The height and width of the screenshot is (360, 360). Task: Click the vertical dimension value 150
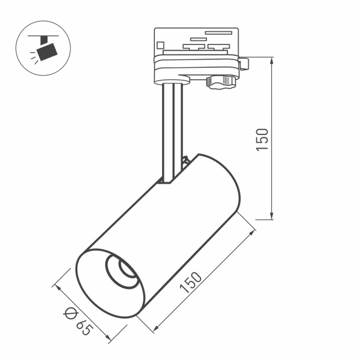(x=262, y=139)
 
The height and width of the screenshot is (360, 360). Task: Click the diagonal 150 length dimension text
(x=191, y=280)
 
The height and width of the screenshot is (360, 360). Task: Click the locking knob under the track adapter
(x=220, y=81)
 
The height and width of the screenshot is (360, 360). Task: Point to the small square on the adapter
(x=161, y=44)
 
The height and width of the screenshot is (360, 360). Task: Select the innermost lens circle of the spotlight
(x=127, y=271)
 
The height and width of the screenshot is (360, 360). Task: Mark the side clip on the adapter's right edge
(x=244, y=62)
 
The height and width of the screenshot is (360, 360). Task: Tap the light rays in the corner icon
(x=32, y=57)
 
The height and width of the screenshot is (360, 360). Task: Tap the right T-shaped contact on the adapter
(x=219, y=46)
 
